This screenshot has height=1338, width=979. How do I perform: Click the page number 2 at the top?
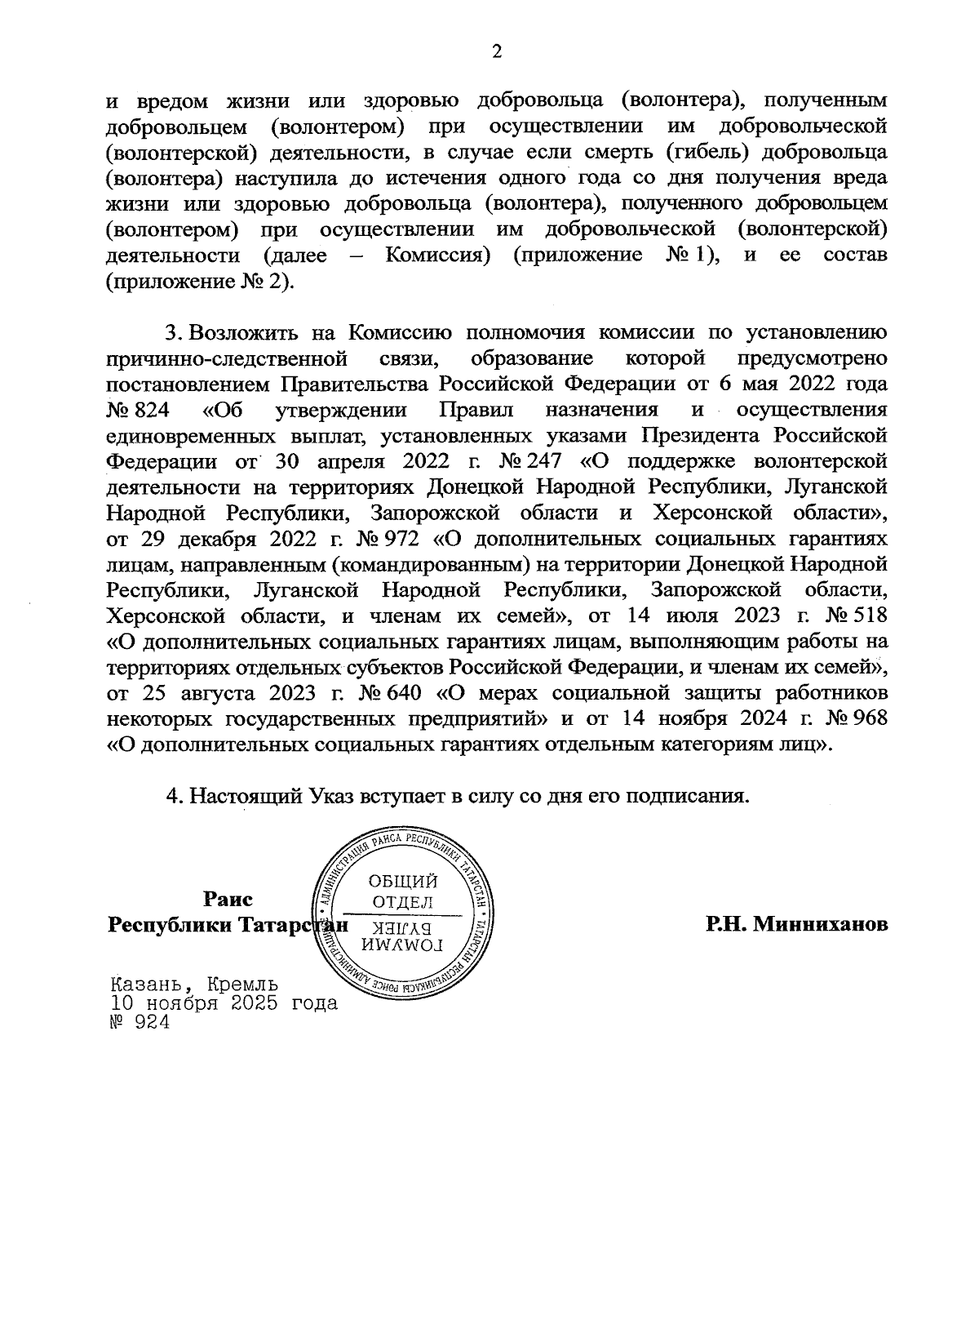[x=496, y=51]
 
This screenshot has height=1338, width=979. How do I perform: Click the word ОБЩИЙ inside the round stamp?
[x=403, y=881]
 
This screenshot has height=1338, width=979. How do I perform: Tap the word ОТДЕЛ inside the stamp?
[x=402, y=902]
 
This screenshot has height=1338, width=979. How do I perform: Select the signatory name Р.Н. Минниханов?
[x=797, y=924]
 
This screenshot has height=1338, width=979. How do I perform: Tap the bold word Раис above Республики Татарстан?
[x=228, y=899]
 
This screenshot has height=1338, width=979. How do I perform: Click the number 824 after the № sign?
[x=149, y=409]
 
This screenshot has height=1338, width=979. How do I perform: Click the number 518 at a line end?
[x=867, y=616]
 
